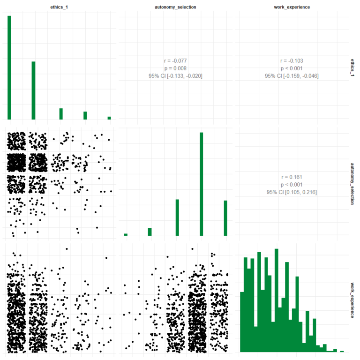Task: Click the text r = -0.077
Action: [x=175, y=60]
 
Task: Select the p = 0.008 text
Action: [x=175, y=68]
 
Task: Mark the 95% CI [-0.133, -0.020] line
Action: [x=175, y=76]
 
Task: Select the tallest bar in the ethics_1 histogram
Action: [x=9, y=68]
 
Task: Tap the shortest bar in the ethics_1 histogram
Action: [x=109, y=118]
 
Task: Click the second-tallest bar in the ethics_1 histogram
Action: [x=34, y=90]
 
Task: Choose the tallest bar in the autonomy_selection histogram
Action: [x=201, y=184]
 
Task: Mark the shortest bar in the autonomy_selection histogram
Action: [x=126, y=234]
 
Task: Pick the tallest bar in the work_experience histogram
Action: [x=277, y=300]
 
